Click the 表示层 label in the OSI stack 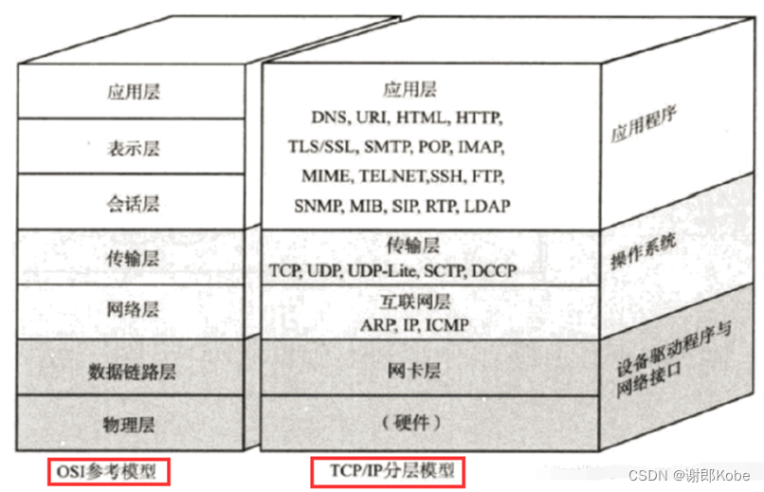pyautogui.click(x=134, y=147)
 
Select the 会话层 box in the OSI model pyautogui.click(x=134, y=202)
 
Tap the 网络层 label pyautogui.click(x=134, y=311)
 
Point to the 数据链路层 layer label pyautogui.click(x=134, y=367)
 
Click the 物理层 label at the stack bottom pyautogui.click(x=134, y=421)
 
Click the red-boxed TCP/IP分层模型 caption pyautogui.click(x=387, y=471)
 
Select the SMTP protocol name pyautogui.click(x=386, y=147)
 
